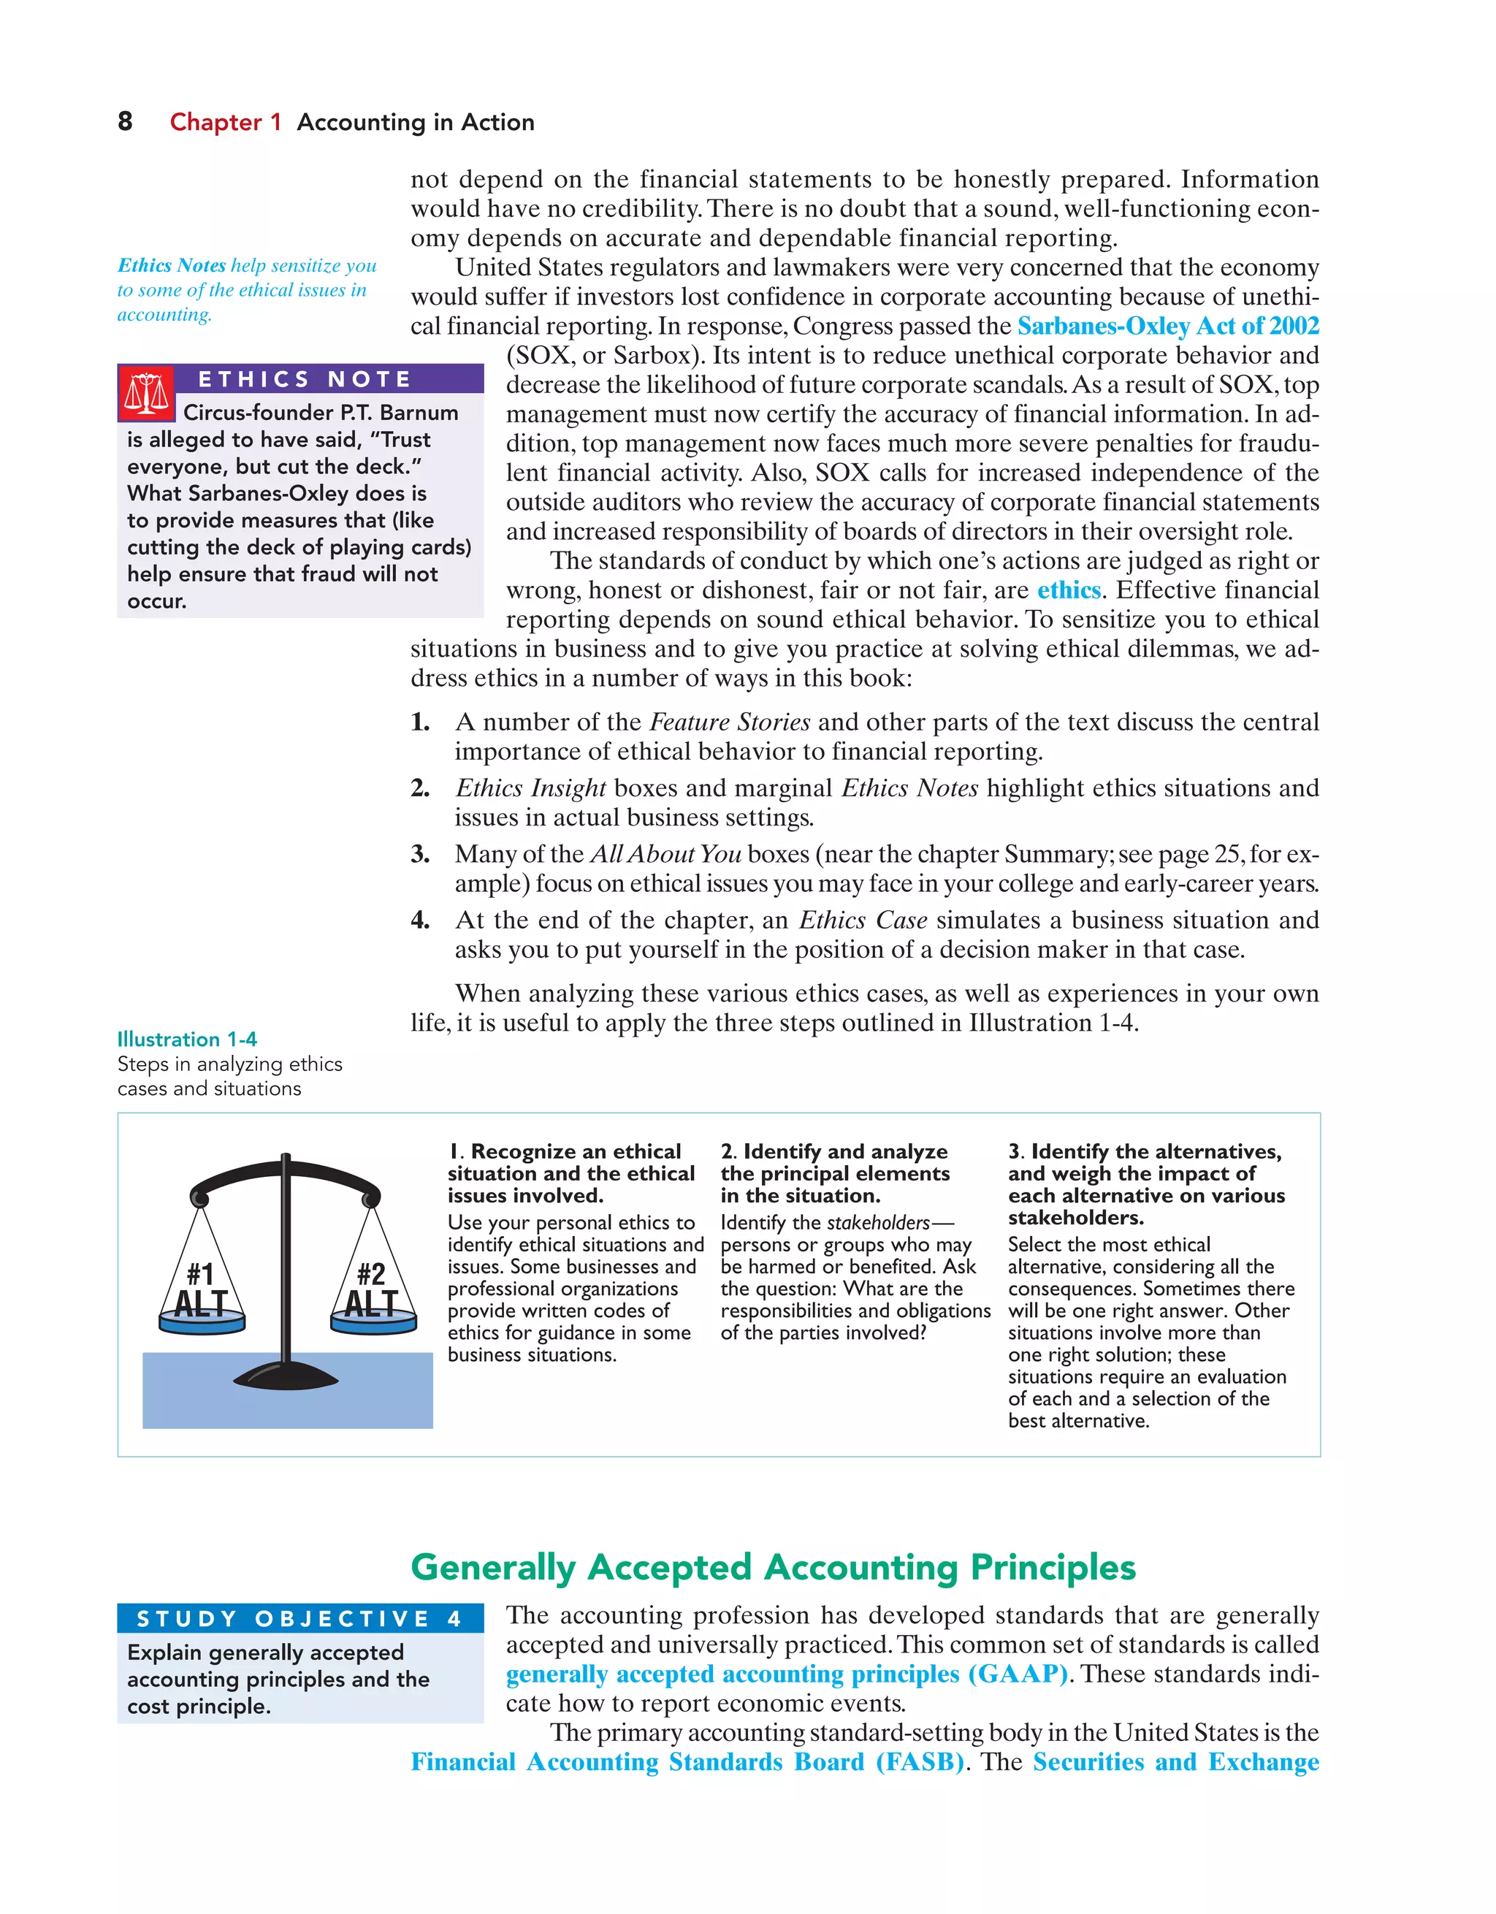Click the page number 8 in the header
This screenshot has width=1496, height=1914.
tap(126, 122)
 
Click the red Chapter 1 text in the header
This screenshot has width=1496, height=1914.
tap(225, 123)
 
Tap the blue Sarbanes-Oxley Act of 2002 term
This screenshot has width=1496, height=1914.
tap(1167, 326)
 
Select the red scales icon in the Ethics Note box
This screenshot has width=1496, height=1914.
tap(146, 394)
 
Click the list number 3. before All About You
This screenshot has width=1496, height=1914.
tap(421, 855)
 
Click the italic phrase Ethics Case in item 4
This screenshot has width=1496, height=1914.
tap(863, 920)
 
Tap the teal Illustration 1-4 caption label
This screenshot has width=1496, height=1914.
tap(187, 1040)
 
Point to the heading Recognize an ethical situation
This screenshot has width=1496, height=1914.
tap(570, 1173)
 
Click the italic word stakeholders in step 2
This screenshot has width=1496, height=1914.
tap(877, 1222)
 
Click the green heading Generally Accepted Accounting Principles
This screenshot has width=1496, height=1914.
tap(773, 1567)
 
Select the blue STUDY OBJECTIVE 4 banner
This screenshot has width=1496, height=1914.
tap(299, 1619)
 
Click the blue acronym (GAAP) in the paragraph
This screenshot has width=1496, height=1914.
tap(1018, 1674)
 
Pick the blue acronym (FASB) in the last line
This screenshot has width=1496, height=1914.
tap(920, 1762)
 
